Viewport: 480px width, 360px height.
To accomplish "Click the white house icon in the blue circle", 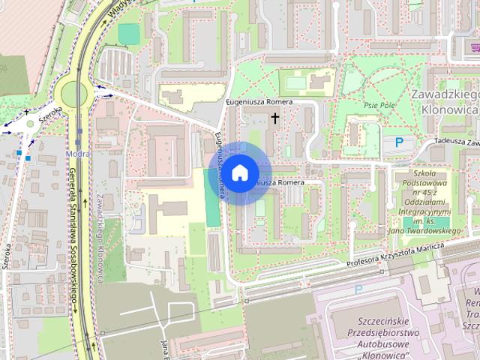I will [239, 173].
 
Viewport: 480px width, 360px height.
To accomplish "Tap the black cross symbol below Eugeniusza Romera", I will [275, 118].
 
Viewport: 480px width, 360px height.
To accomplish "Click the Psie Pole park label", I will [379, 106].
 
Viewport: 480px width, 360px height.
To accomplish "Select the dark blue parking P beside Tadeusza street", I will [399, 142].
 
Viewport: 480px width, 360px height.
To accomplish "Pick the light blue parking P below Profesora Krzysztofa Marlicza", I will [358, 289].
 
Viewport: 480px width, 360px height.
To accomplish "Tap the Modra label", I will [78, 153].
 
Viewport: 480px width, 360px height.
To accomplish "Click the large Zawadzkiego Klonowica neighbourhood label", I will [445, 101].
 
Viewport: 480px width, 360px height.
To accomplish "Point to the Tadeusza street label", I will [454, 141].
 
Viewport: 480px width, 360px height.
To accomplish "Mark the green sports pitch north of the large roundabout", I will [129, 34].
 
